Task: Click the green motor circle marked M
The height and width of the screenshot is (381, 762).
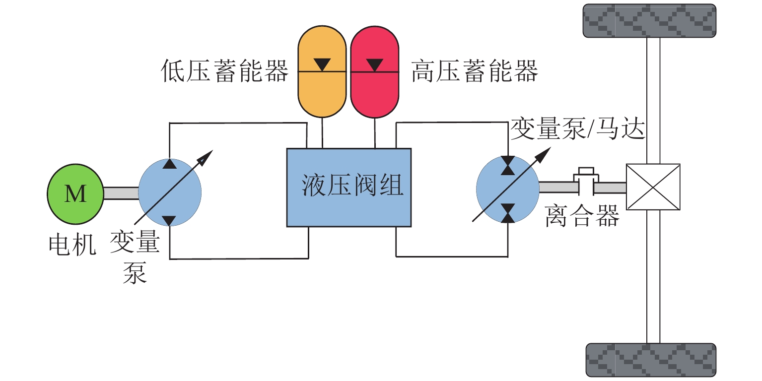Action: click(75, 193)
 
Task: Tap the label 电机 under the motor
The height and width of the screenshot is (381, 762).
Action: click(72, 244)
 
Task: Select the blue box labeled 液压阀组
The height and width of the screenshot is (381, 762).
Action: click(349, 188)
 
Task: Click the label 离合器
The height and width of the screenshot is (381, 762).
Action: click(582, 216)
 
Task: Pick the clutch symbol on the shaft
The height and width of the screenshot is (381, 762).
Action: click(587, 181)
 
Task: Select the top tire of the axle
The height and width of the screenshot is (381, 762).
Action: click(649, 20)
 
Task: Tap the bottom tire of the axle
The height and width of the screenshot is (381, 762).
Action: click(651, 360)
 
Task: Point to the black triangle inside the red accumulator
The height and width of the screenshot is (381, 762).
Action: click(374, 64)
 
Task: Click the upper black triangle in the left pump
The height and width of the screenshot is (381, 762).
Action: click(170, 164)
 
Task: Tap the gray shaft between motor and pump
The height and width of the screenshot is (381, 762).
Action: click(121, 193)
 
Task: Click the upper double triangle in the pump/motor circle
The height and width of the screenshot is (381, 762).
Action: click(508, 165)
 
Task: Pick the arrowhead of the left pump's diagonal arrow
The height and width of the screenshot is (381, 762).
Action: click(207, 155)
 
